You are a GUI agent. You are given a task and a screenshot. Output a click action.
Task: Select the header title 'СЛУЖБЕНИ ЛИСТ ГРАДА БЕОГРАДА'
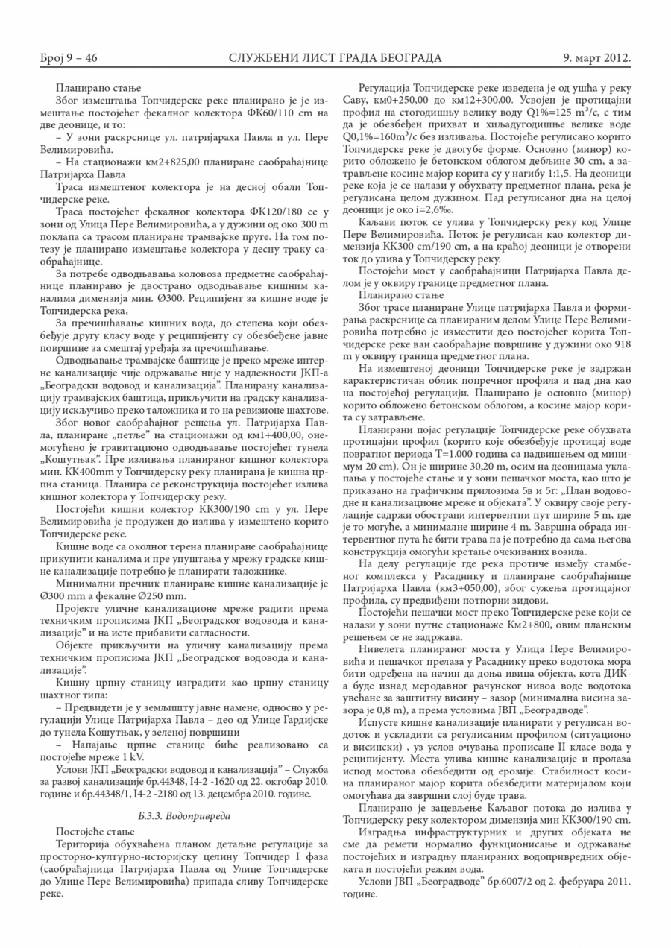click(x=335, y=58)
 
